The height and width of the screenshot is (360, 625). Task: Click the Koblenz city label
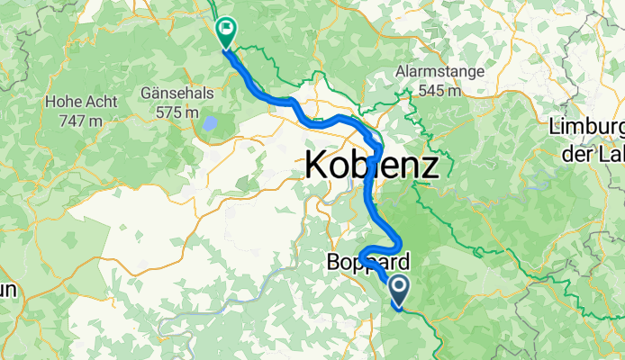[371, 165]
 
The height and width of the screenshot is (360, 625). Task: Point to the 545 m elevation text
[439, 90]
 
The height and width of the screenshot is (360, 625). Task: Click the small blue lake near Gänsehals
[209, 123]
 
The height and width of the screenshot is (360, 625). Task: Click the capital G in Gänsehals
[146, 93]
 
